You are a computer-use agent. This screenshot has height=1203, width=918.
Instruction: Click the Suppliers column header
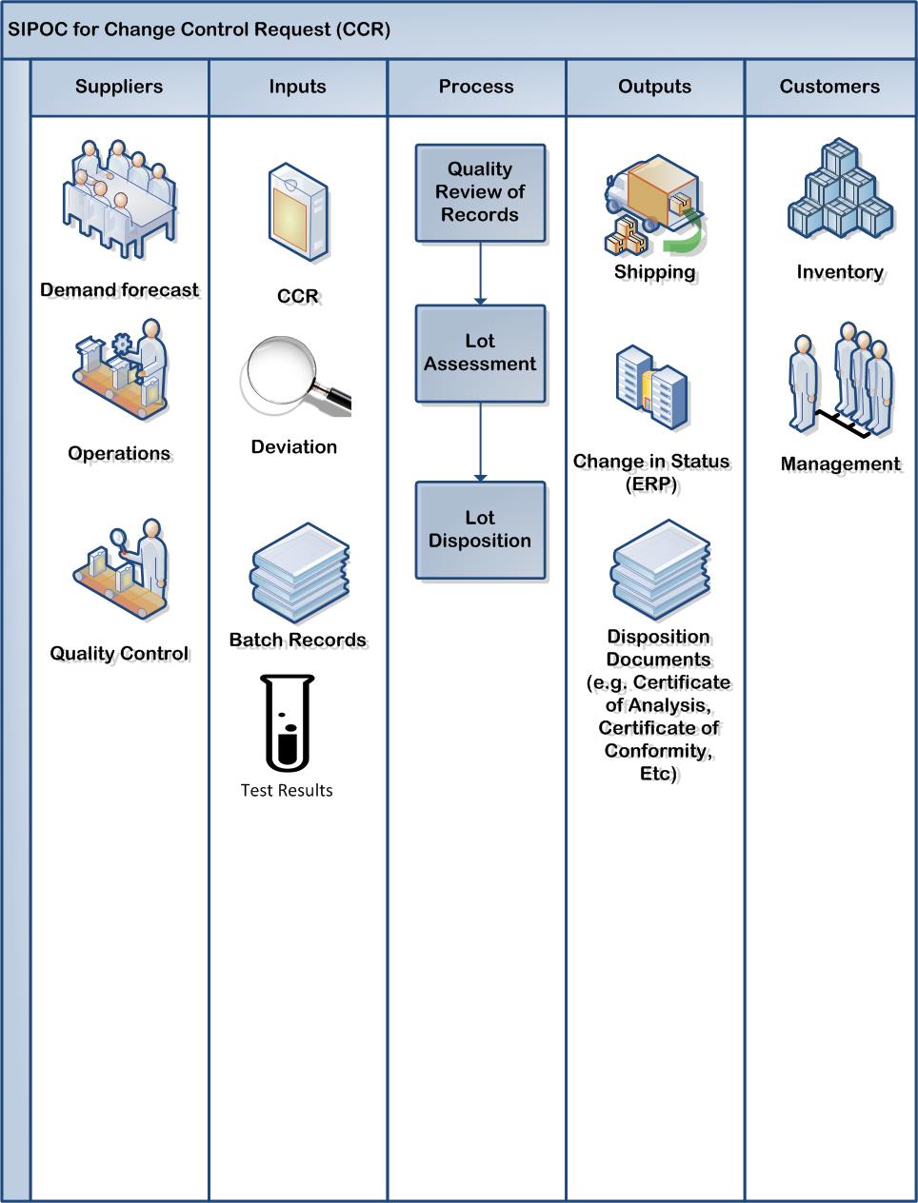[119, 87]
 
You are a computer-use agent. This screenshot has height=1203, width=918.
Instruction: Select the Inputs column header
[297, 87]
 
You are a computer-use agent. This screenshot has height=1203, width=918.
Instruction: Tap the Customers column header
[829, 87]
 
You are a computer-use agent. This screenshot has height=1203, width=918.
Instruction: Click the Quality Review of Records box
[480, 192]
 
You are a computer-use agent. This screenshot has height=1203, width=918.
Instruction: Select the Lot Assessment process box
[480, 353]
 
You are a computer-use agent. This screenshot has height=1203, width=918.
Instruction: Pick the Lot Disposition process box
[480, 529]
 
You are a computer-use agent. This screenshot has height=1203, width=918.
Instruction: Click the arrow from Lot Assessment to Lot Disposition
[480, 442]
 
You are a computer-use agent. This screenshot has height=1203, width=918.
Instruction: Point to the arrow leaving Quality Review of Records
[480, 272]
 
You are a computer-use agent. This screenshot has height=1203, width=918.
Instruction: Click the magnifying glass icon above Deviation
[295, 378]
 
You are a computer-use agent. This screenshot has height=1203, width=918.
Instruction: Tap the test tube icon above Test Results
[288, 722]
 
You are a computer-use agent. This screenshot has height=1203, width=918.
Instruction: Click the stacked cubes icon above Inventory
[840, 190]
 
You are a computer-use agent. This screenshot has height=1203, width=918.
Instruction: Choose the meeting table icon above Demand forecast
[119, 200]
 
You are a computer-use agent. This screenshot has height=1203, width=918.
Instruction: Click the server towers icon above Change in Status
[651, 391]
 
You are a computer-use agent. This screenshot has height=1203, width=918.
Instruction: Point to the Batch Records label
[297, 640]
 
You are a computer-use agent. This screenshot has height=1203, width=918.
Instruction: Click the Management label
[840, 464]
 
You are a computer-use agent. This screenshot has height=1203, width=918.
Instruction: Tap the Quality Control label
[119, 654]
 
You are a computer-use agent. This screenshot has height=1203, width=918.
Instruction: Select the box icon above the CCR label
[298, 213]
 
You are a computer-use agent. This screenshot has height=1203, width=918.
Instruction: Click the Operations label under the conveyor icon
[119, 453]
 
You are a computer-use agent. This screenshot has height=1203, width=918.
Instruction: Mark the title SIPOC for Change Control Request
[199, 30]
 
